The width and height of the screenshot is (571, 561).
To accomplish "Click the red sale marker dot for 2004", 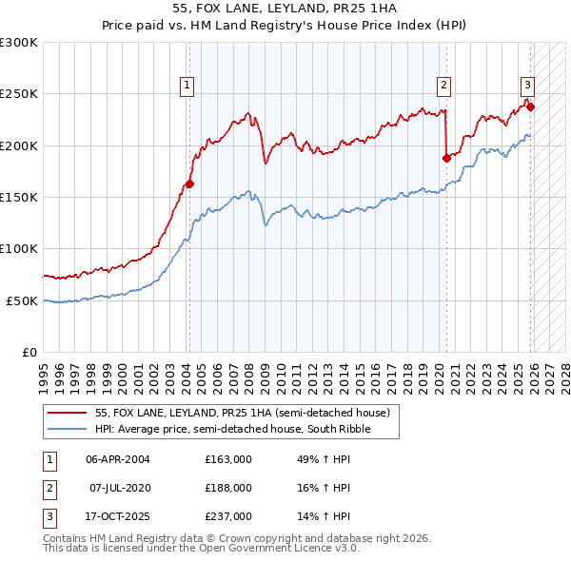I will click(189, 184).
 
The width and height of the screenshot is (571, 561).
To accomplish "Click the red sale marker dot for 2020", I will click(445, 158).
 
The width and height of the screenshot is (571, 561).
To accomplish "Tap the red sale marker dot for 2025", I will click(530, 106).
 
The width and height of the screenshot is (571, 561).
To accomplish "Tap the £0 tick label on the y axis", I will click(29, 352).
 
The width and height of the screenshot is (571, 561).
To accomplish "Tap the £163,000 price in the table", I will click(227, 459).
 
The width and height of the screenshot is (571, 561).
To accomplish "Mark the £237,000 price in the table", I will click(227, 516).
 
